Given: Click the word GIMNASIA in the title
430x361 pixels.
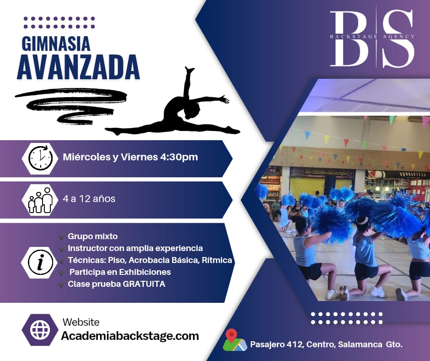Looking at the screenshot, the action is (x=56, y=44).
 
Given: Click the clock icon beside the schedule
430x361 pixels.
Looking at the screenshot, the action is (x=40, y=158).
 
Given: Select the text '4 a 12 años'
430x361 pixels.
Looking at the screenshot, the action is (x=89, y=199).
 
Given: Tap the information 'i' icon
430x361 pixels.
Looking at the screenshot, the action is (x=40, y=263).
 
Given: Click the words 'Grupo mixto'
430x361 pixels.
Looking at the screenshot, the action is (x=93, y=236).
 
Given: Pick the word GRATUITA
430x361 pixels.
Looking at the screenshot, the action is (x=144, y=284).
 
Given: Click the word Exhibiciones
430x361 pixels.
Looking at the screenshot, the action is (x=145, y=272).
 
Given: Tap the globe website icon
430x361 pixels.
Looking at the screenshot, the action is (x=40, y=330).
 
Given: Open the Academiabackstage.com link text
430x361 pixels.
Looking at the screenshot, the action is (x=130, y=336).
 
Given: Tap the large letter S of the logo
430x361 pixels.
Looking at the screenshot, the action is (x=398, y=38).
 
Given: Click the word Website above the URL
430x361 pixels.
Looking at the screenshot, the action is (x=81, y=322).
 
